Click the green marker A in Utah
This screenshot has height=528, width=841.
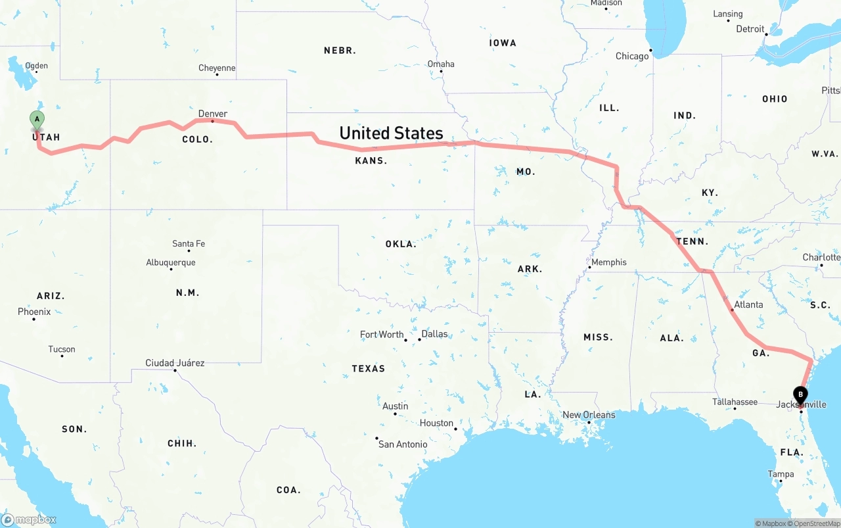coord(37,120)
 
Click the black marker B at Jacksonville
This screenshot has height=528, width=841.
coord(800,395)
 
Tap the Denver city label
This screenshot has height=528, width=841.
coord(213,114)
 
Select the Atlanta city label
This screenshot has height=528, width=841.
coord(748,304)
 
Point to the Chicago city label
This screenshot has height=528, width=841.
coord(632,57)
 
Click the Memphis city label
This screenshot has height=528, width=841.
coord(609,262)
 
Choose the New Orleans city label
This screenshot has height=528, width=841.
coord(589,415)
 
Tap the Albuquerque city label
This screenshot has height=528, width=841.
coord(171,263)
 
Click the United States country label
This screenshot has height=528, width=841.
coord(391,133)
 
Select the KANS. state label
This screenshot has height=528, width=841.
coord(371,160)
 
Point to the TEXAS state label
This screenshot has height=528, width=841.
coord(369,368)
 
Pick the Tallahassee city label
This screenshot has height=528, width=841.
coord(735,402)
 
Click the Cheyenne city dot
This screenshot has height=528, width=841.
coord(217,74)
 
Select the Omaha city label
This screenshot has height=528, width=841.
coord(441,64)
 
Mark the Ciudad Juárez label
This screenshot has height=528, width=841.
coord(175,363)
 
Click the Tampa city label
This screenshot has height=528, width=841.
coord(781,474)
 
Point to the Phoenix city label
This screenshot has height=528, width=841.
coord(34,312)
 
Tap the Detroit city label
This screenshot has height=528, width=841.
coord(750,29)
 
